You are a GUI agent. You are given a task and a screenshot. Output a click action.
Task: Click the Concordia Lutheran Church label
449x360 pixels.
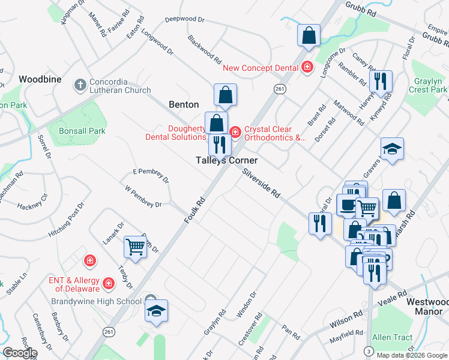(x=120, y=86)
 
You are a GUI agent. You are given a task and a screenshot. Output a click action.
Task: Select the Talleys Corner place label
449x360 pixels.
(x=228, y=161)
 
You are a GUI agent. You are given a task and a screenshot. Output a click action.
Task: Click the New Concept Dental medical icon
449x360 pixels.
(x=308, y=67)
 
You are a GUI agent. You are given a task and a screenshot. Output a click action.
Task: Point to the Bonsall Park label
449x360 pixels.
(x=82, y=131)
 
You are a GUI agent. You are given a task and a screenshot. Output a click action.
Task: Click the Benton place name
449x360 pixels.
(x=184, y=104)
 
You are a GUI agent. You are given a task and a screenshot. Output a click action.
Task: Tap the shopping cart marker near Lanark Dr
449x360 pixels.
(x=135, y=246)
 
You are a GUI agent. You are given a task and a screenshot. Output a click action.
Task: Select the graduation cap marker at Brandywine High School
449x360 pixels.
(x=156, y=311)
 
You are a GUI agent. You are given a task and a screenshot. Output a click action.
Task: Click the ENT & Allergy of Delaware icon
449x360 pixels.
(x=109, y=282)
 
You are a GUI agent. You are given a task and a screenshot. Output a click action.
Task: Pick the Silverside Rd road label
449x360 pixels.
(x=262, y=183)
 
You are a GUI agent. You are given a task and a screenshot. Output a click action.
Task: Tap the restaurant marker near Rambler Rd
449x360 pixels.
(x=380, y=81)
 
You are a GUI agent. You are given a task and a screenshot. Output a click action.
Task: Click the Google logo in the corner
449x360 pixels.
(x=20, y=353)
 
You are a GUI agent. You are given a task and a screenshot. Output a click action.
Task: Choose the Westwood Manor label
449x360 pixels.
(x=427, y=307)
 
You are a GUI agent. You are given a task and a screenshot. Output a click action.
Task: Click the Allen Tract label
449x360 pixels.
(x=393, y=337)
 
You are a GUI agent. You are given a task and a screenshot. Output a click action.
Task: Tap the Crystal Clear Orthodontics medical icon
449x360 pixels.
(x=235, y=131)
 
